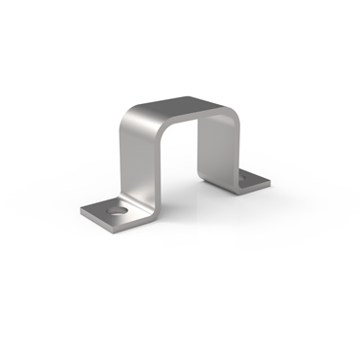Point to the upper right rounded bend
[x=230, y=113]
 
